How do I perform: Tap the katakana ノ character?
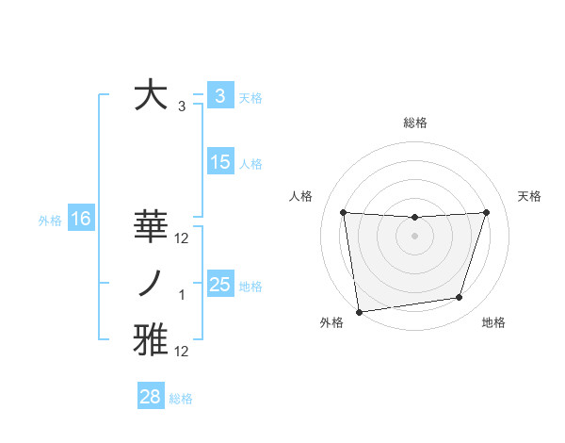point(152,284)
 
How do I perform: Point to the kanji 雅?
point(152,340)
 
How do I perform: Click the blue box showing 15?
point(220,162)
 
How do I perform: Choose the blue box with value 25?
point(220,284)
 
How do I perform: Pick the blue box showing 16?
point(81,220)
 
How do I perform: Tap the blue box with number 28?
point(151,397)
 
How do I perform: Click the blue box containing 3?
point(219,95)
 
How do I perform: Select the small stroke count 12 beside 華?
point(182,238)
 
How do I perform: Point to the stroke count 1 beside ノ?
point(182,295)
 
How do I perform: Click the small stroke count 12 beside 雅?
point(182,352)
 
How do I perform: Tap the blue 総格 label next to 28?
point(181,399)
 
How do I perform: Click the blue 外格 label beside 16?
point(50,221)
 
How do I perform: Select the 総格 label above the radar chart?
point(414,123)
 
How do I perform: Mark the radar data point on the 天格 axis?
point(487,212)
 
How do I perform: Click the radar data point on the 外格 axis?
point(359,312)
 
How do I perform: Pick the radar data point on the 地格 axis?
point(460,298)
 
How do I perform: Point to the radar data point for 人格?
point(343,212)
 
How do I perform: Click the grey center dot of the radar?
point(414,236)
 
